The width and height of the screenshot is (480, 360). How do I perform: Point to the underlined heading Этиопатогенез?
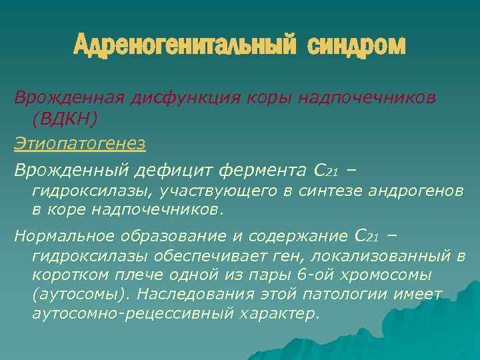pyautogui.click(x=79, y=144)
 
